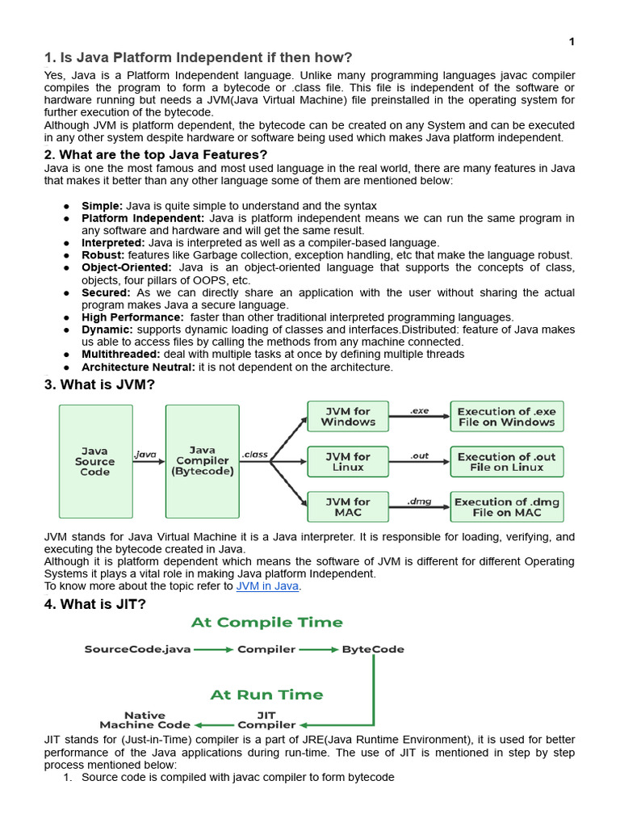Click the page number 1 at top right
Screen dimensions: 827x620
pos(571,41)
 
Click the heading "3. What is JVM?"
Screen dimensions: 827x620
pos(98,384)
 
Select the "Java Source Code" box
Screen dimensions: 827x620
pos(95,461)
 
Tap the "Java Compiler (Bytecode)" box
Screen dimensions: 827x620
pos(202,461)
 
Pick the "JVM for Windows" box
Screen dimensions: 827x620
pos(348,417)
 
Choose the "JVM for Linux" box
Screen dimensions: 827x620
pos(348,462)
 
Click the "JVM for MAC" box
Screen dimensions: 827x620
pos(348,507)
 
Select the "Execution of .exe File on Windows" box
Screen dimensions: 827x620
pos(506,417)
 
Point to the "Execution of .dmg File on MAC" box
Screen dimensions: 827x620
pos(506,507)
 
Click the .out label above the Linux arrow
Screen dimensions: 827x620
pos(419,455)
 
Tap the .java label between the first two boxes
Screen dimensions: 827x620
pos(145,455)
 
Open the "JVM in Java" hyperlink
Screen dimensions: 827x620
pos(267,586)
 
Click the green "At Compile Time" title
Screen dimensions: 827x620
pos(266,623)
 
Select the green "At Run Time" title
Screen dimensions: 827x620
pos(266,695)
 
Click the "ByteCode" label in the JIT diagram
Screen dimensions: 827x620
pos(373,649)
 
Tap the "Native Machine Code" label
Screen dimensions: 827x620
pos(145,720)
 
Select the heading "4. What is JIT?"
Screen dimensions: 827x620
pos(94,603)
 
